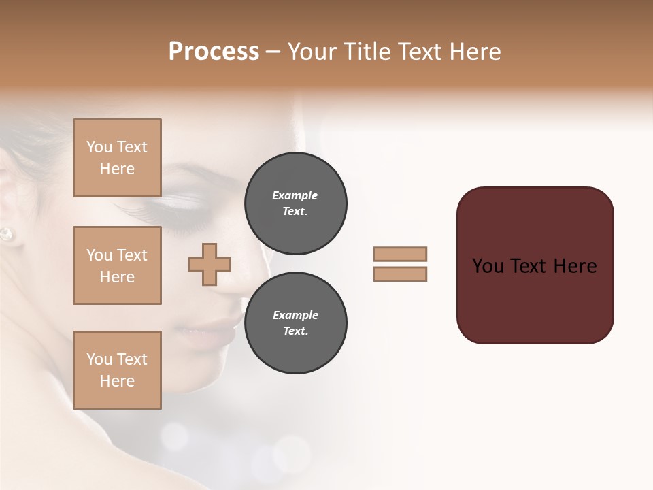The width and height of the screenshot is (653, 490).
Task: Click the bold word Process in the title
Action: point(214,52)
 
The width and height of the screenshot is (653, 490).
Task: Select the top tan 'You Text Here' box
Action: point(117,158)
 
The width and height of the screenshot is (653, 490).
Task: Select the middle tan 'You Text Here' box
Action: point(117,265)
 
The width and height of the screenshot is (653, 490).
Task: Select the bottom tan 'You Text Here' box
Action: point(117,370)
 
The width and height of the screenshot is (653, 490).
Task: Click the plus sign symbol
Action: point(210,264)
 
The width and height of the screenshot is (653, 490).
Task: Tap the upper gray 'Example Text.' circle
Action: point(295,203)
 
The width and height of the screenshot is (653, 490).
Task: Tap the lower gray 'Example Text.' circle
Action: point(295,323)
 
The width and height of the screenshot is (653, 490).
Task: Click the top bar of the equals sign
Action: point(400,254)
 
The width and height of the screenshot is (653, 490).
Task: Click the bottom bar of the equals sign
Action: point(400,274)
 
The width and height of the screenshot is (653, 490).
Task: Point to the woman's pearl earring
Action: point(6,234)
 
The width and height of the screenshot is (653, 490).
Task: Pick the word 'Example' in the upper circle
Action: point(295,195)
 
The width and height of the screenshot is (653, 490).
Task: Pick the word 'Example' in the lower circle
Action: point(295,315)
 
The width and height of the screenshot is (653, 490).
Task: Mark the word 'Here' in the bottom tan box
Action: point(117,381)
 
